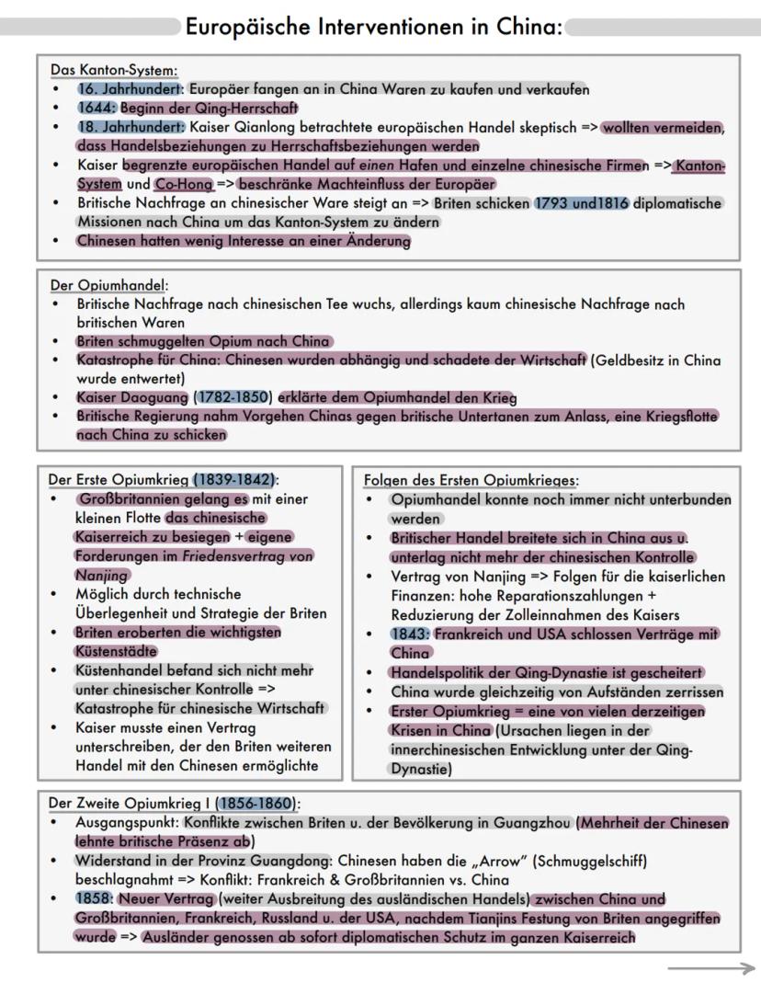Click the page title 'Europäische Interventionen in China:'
[373, 27]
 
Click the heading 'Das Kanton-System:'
[114, 71]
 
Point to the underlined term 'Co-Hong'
[184, 184]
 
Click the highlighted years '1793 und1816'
[582, 203]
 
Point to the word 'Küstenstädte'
[117, 651]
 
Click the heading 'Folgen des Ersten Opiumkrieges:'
[471, 480]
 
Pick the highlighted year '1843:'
[410, 634]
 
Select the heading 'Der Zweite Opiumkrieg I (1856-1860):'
[175, 803]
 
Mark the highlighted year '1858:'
[94, 898]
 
